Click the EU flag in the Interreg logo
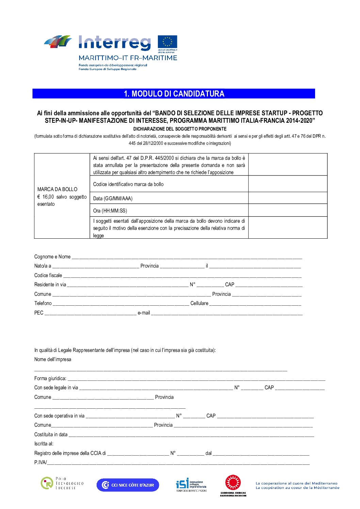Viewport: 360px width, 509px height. pos(167,43)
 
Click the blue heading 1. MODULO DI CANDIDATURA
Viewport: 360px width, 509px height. pos(174,94)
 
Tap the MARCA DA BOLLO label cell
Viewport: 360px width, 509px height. pos(62,196)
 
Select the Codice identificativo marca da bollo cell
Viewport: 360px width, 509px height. pos(169,184)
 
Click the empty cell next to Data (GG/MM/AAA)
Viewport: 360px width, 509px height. pos(288,198)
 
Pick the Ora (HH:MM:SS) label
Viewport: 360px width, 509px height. pos(110,211)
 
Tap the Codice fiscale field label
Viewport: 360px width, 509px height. pos(48,275)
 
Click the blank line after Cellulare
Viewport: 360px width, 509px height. pos(255,304)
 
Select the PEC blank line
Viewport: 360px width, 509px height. pos(90,313)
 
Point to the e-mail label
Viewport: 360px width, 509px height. pos(144,313)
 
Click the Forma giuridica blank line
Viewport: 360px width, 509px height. pos(196,379)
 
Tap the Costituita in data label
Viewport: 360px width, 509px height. pos(51,435)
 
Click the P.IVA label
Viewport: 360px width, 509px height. pos(40,462)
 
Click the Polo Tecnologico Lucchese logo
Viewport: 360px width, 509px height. pos(62,483)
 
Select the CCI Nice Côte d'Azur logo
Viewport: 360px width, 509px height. pos(128,485)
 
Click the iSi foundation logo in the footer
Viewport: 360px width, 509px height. pos(191,485)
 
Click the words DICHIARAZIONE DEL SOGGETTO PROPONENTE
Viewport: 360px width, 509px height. pos(180,129)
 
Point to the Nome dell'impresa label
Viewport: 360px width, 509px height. pos(53,359)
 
